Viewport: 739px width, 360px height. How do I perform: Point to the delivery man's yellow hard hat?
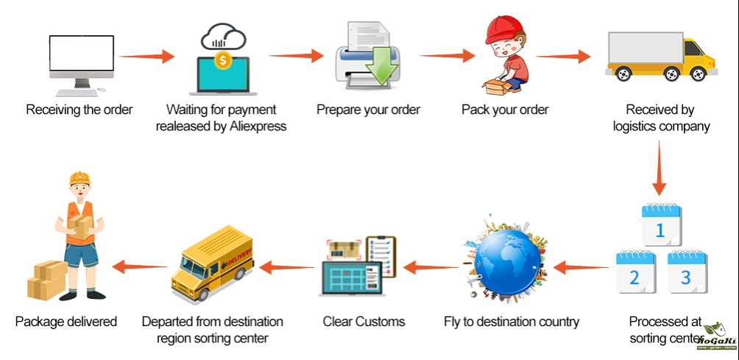(79, 177)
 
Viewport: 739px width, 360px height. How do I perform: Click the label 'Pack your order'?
(505, 110)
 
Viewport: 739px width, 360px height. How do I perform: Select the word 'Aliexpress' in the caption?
(254, 126)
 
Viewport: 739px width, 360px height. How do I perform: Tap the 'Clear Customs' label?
(364, 322)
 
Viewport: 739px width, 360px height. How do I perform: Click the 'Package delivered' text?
(66, 322)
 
